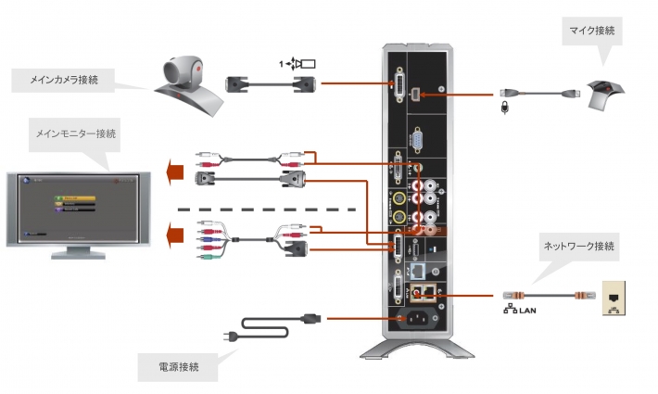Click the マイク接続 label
tap(592, 32)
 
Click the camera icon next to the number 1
tap(304, 64)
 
